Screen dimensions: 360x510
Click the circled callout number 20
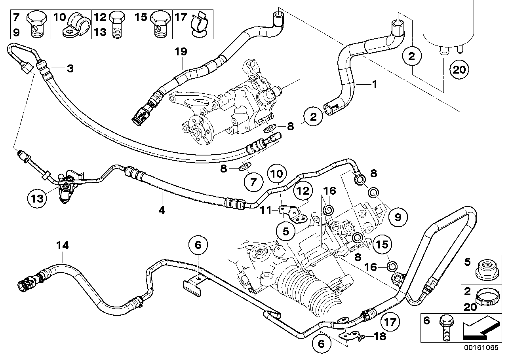(x=459, y=70)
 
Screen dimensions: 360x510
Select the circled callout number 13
(x=36, y=196)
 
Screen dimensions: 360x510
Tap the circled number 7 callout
(x=253, y=182)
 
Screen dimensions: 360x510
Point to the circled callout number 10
(x=277, y=173)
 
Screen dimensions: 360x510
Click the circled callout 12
(x=302, y=191)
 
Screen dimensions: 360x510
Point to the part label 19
(x=182, y=51)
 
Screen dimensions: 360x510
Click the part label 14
(x=62, y=246)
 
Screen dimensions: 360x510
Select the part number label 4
(x=161, y=210)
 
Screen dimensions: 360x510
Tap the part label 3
(x=70, y=68)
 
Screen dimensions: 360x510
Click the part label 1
(x=374, y=84)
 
